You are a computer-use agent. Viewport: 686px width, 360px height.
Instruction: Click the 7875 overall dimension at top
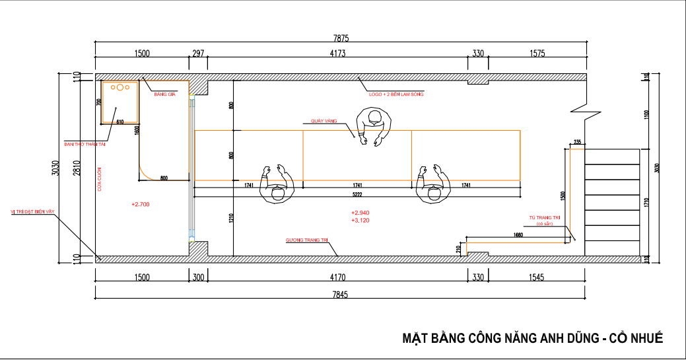[x=341, y=38]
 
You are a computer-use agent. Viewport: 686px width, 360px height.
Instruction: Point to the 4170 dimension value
[x=337, y=277]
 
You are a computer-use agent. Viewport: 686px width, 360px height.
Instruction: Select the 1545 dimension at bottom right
[x=536, y=277]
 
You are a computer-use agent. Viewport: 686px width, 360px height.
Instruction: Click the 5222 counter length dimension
[x=357, y=196]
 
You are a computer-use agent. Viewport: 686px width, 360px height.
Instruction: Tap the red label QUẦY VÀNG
[x=324, y=122]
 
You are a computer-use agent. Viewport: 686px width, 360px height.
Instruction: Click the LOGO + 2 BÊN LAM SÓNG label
[x=395, y=94]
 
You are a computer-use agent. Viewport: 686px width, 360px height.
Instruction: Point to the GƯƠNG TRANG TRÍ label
[x=306, y=240]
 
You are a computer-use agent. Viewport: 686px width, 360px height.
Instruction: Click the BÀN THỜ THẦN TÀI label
[x=85, y=143]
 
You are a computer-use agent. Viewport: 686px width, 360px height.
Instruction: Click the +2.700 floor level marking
[x=141, y=205]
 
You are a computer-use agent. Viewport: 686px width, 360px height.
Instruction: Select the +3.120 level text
[x=360, y=220]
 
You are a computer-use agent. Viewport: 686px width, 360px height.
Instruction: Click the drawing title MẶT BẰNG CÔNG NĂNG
[x=532, y=339]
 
